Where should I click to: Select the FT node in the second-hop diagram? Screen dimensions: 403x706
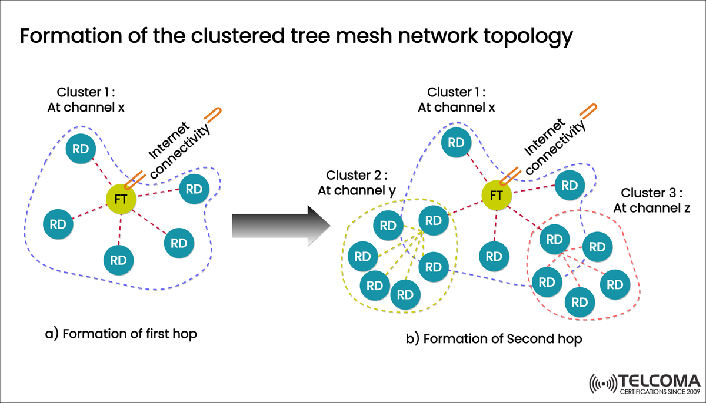[x=497, y=195]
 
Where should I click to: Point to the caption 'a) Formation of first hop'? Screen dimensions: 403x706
[x=121, y=334]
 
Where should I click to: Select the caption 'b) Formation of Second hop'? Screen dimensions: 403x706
[x=494, y=339]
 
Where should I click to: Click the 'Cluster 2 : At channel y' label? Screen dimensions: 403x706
[x=357, y=183]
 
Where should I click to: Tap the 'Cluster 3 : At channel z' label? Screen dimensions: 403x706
[x=651, y=200]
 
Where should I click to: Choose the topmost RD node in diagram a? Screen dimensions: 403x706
[x=81, y=149]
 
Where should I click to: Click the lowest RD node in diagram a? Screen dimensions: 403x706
[x=118, y=259]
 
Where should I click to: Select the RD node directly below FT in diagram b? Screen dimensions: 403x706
[x=494, y=256]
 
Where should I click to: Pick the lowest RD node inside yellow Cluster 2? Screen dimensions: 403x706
[x=405, y=295]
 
